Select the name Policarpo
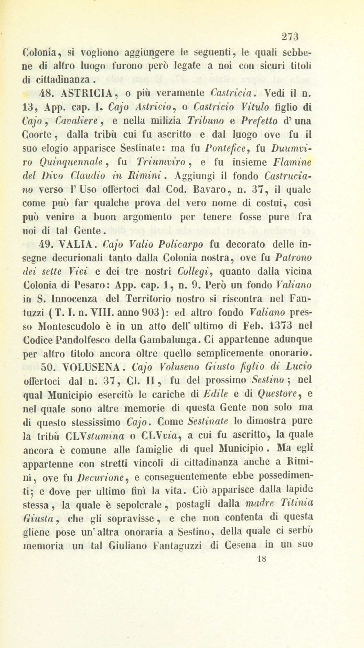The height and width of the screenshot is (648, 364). coord(181,245)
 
